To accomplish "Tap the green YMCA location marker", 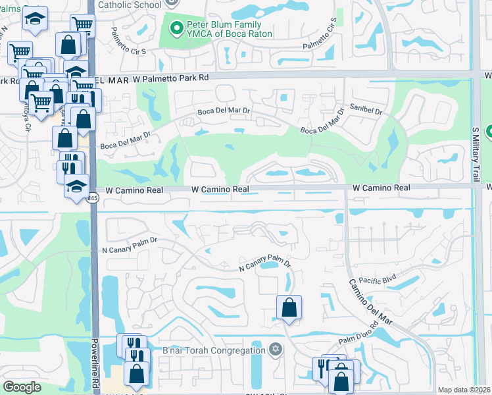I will [176, 28].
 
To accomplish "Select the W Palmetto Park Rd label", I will [170, 78].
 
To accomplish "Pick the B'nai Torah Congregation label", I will [212, 350].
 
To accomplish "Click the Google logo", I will [22, 386].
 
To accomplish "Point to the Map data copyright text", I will [464, 390].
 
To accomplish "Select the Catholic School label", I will [129, 5].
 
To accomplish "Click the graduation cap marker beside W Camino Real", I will [76, 186].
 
